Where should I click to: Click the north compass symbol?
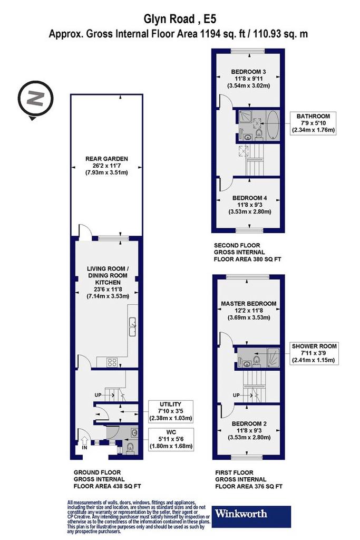coord(35,100)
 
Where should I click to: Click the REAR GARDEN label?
coord(106,159)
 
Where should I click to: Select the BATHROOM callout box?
coord(313,123)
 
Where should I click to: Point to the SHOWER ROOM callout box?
coord(314,353)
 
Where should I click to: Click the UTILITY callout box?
coord(170,411)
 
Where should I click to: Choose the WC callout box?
coord(171,439)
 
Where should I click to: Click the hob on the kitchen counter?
coord(112,362)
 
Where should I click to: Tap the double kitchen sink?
coord(132,327)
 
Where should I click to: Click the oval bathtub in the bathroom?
coord(272,126)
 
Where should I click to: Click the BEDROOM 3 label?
coord(248,72)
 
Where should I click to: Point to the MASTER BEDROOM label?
coord(248,304)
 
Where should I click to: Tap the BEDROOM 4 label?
coord(249,198)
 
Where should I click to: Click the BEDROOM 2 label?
coord(249,423)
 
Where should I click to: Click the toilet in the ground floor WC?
coord(130,447)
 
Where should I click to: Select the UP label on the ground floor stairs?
coord(98,395)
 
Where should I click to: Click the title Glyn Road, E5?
coord(180,19)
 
